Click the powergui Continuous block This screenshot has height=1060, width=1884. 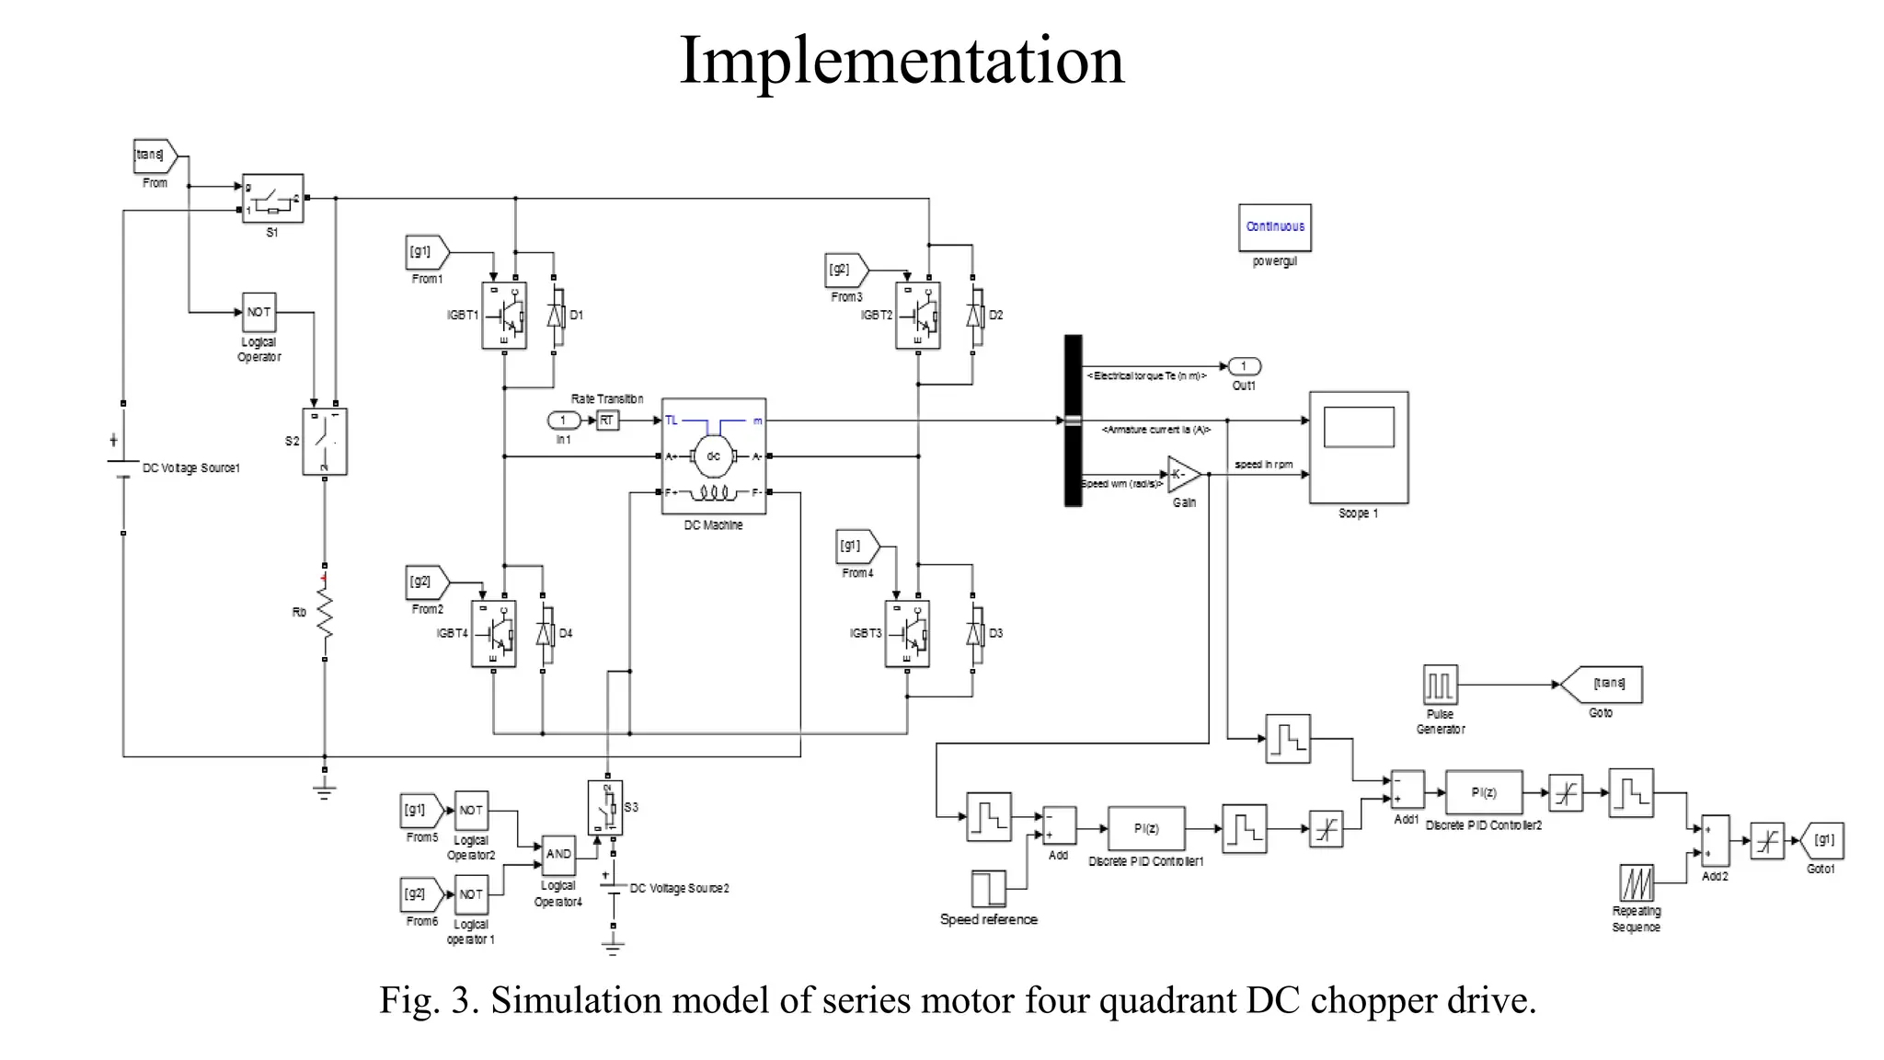click(1274, 227)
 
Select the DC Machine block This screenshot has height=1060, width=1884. click(713, 456)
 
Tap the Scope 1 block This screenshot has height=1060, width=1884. click(1359, 447)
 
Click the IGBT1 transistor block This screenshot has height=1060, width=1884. click(504, 316)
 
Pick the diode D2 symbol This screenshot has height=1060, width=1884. click(972, 316)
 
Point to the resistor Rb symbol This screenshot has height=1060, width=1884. click(324, 612)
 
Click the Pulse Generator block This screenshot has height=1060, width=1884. click(1440, 686)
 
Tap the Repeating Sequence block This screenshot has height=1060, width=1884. click(1636, 883)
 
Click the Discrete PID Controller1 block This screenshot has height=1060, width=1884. click(1146, 828)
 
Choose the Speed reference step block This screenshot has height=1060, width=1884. click(988, 889)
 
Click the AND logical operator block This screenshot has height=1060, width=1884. click(558, 855)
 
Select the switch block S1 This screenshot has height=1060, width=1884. click(272, 199)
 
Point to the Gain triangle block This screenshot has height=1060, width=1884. click(1182, 475)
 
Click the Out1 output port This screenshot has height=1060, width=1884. click(1244, 366)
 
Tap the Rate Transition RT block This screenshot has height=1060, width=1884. click(607, 421)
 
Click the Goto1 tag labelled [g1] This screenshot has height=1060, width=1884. click(1822, 840)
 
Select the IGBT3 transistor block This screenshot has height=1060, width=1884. click(907, 634)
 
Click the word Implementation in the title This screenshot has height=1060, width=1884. click(902, 61)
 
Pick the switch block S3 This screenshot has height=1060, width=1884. click(605, 808)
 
